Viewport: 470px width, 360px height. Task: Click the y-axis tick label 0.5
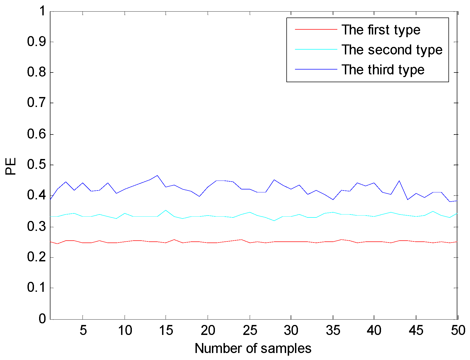pos(37,165)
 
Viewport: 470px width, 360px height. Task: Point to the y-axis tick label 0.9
pos(37,42)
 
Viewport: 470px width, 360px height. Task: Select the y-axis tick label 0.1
pos(37,288)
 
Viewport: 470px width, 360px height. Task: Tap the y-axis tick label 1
pos(42,11)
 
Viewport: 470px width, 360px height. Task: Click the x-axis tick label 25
pos(250,330)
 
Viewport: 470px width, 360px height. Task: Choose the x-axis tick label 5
pos(83,330)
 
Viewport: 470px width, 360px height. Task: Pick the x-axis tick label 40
pos(374,330)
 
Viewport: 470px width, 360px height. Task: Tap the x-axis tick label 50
pos(458,330)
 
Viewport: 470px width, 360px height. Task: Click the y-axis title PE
pos(11,166)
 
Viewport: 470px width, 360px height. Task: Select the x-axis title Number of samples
pos(253,348)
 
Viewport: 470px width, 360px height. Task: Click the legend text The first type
pos(381,30)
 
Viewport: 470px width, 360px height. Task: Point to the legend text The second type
pos(392,50)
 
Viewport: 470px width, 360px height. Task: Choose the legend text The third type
pos(383,70)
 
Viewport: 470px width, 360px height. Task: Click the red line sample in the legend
pos(316,29)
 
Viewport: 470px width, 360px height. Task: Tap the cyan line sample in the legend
pos(316,49)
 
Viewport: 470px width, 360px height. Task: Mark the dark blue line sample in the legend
pos(316,69)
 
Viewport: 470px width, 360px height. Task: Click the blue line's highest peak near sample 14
pos(157,175)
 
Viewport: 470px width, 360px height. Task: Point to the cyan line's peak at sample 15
pos(166,210)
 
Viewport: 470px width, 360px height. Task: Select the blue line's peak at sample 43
pos(399,181)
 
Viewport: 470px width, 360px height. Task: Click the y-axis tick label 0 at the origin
pos(42,319)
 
